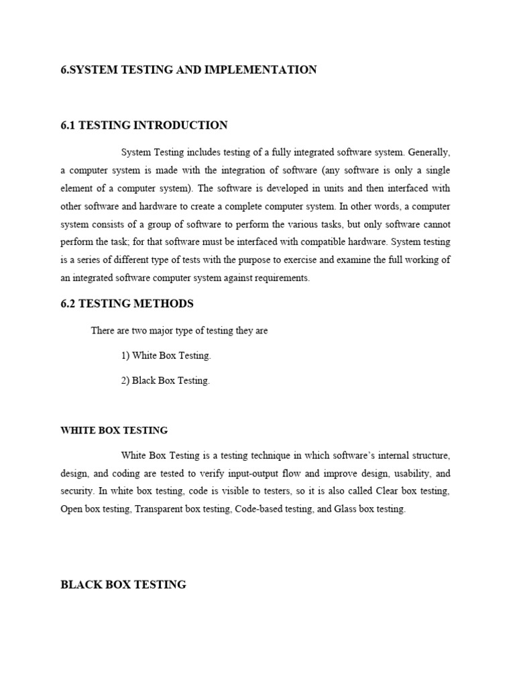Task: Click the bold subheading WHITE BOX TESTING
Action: [x=114, y=430]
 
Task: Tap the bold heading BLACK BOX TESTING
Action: [x=123, y=585]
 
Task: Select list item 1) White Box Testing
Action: [x=166, y=356]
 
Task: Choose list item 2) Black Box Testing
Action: [x=166, y=380]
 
